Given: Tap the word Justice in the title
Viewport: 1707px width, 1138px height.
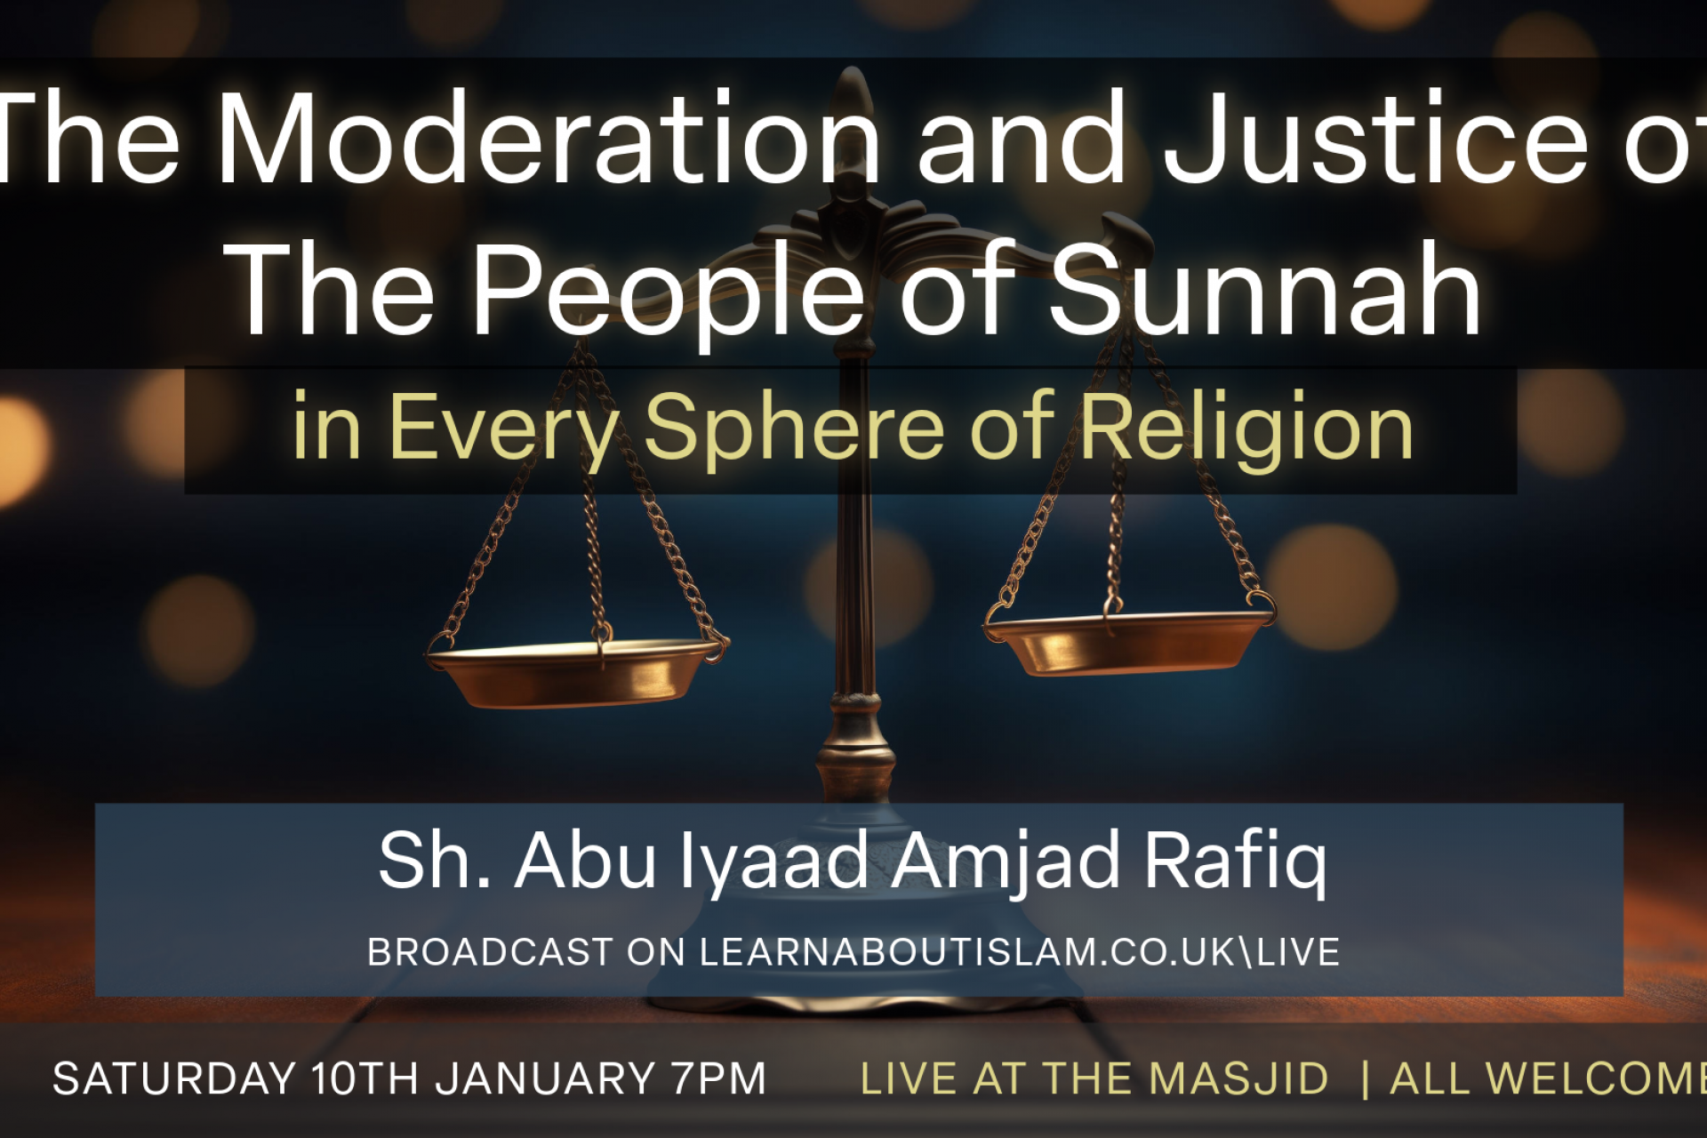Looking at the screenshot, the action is [x=1375, y=139].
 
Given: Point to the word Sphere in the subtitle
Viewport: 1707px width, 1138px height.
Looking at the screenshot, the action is [x=793, y=429].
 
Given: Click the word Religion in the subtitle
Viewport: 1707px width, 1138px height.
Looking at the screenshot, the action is [x=1246, y=429].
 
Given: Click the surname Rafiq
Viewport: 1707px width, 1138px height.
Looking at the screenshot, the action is [x=1235, y=861].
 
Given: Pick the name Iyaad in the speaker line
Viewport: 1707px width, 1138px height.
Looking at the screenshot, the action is [x=773, y=861].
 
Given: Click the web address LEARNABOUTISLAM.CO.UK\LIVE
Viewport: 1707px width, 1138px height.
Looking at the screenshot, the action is [x=1020, y=951].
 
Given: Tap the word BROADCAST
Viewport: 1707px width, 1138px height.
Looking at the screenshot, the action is [x=490, y=952].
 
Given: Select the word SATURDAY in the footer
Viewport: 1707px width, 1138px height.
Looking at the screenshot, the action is [x=174, y=1079].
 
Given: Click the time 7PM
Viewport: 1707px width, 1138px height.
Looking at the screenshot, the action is [x=718, y=1079].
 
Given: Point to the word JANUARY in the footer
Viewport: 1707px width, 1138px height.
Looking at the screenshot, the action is [x=545, y=1079].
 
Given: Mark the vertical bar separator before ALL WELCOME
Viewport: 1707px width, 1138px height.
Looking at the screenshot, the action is [x=1365, y=1079].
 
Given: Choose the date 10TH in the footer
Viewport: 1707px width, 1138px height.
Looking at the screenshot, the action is [x=365, y=1079].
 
